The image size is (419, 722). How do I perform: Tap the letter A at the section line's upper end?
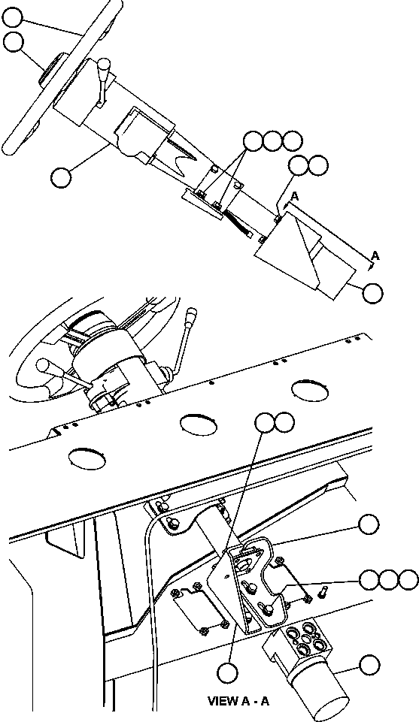[x=295, y=195]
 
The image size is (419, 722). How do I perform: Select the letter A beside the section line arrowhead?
[x=375, y=256]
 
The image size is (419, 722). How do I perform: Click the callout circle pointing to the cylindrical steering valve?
[x=369, y=665]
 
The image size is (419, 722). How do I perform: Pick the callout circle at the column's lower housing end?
[x=372, y=292]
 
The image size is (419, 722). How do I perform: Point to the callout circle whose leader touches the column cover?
[x=60, y=177]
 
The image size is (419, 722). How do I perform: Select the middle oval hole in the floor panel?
[x=199, y=422]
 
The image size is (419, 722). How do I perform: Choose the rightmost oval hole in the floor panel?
[x=310, y=389]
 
